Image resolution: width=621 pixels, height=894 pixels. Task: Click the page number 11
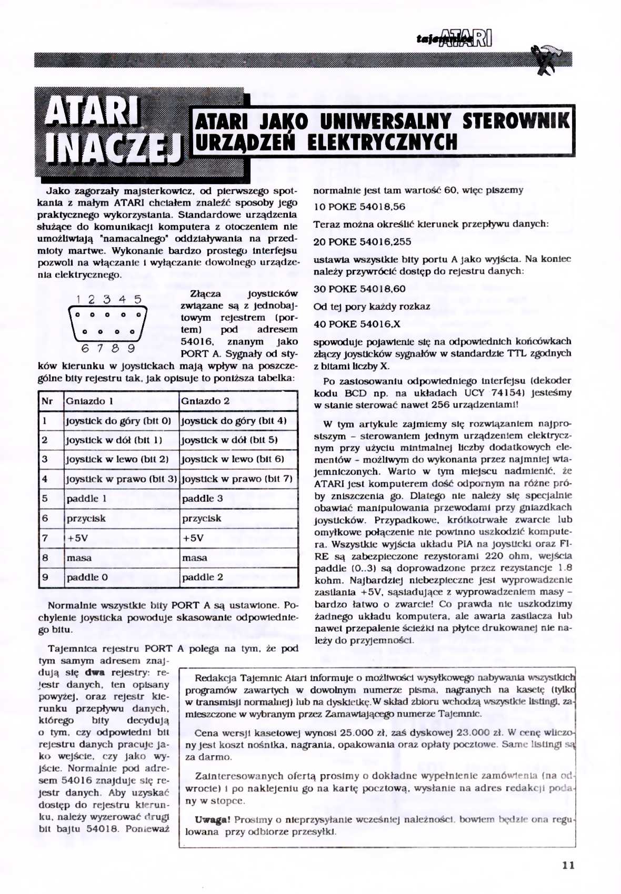point(568,865)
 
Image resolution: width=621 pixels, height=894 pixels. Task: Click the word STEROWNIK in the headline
point(516,121)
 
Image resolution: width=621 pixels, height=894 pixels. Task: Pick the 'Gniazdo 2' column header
point(205,401)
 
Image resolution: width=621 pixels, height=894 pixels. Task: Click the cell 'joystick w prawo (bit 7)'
point(237,479)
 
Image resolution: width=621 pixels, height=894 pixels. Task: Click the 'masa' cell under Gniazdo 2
point(195,558)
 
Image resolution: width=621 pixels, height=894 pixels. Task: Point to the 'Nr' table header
point(47,401)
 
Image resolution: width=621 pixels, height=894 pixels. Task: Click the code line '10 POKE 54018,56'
point(359,207)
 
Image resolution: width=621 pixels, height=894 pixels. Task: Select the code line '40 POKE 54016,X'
point(357,324)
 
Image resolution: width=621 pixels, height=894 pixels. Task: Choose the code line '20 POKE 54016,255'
point(363,242)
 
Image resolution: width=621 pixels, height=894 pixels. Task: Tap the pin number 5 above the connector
point(137,300)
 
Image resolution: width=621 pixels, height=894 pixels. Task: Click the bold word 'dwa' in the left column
point(95,673)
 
